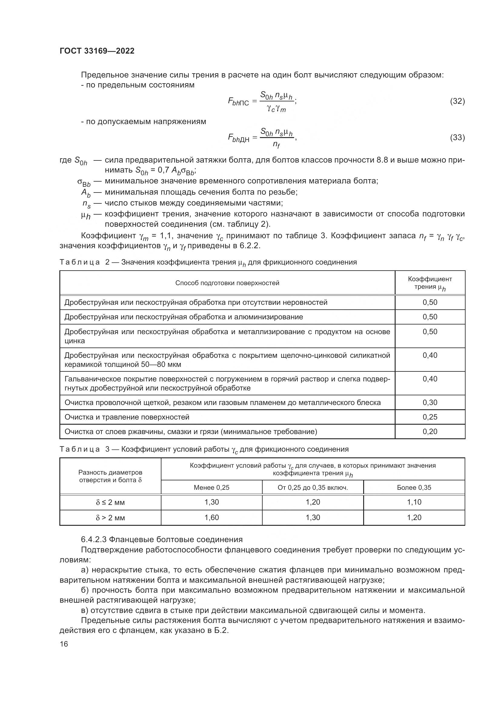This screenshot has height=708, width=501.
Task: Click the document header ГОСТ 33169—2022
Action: point(97,51)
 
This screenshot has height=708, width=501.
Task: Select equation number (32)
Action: point(457,101)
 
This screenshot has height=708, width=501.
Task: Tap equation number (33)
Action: point(457,137)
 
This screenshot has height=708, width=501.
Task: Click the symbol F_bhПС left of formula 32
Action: point(238,102)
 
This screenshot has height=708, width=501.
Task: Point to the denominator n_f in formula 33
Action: point(277,144)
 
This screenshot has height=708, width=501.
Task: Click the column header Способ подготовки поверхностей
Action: point(227,283)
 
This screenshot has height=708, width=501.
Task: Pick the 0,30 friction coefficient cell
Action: point(430,402)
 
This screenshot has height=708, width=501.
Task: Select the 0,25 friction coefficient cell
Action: point(430,417)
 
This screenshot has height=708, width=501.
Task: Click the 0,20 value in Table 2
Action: point(430,431)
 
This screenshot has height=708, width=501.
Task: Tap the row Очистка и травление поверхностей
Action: point(127,417)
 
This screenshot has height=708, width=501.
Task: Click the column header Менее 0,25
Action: point(211,488)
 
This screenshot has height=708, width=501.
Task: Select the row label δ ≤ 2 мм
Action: point(110,503)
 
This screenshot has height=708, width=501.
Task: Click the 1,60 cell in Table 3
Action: point(211,517)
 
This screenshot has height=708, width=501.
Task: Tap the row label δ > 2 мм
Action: point(110,518)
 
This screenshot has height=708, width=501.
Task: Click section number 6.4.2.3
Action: point(94,539)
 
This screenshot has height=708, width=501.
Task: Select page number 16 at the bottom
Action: point(64,644)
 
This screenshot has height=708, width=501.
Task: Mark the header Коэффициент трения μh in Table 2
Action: point(430,283)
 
